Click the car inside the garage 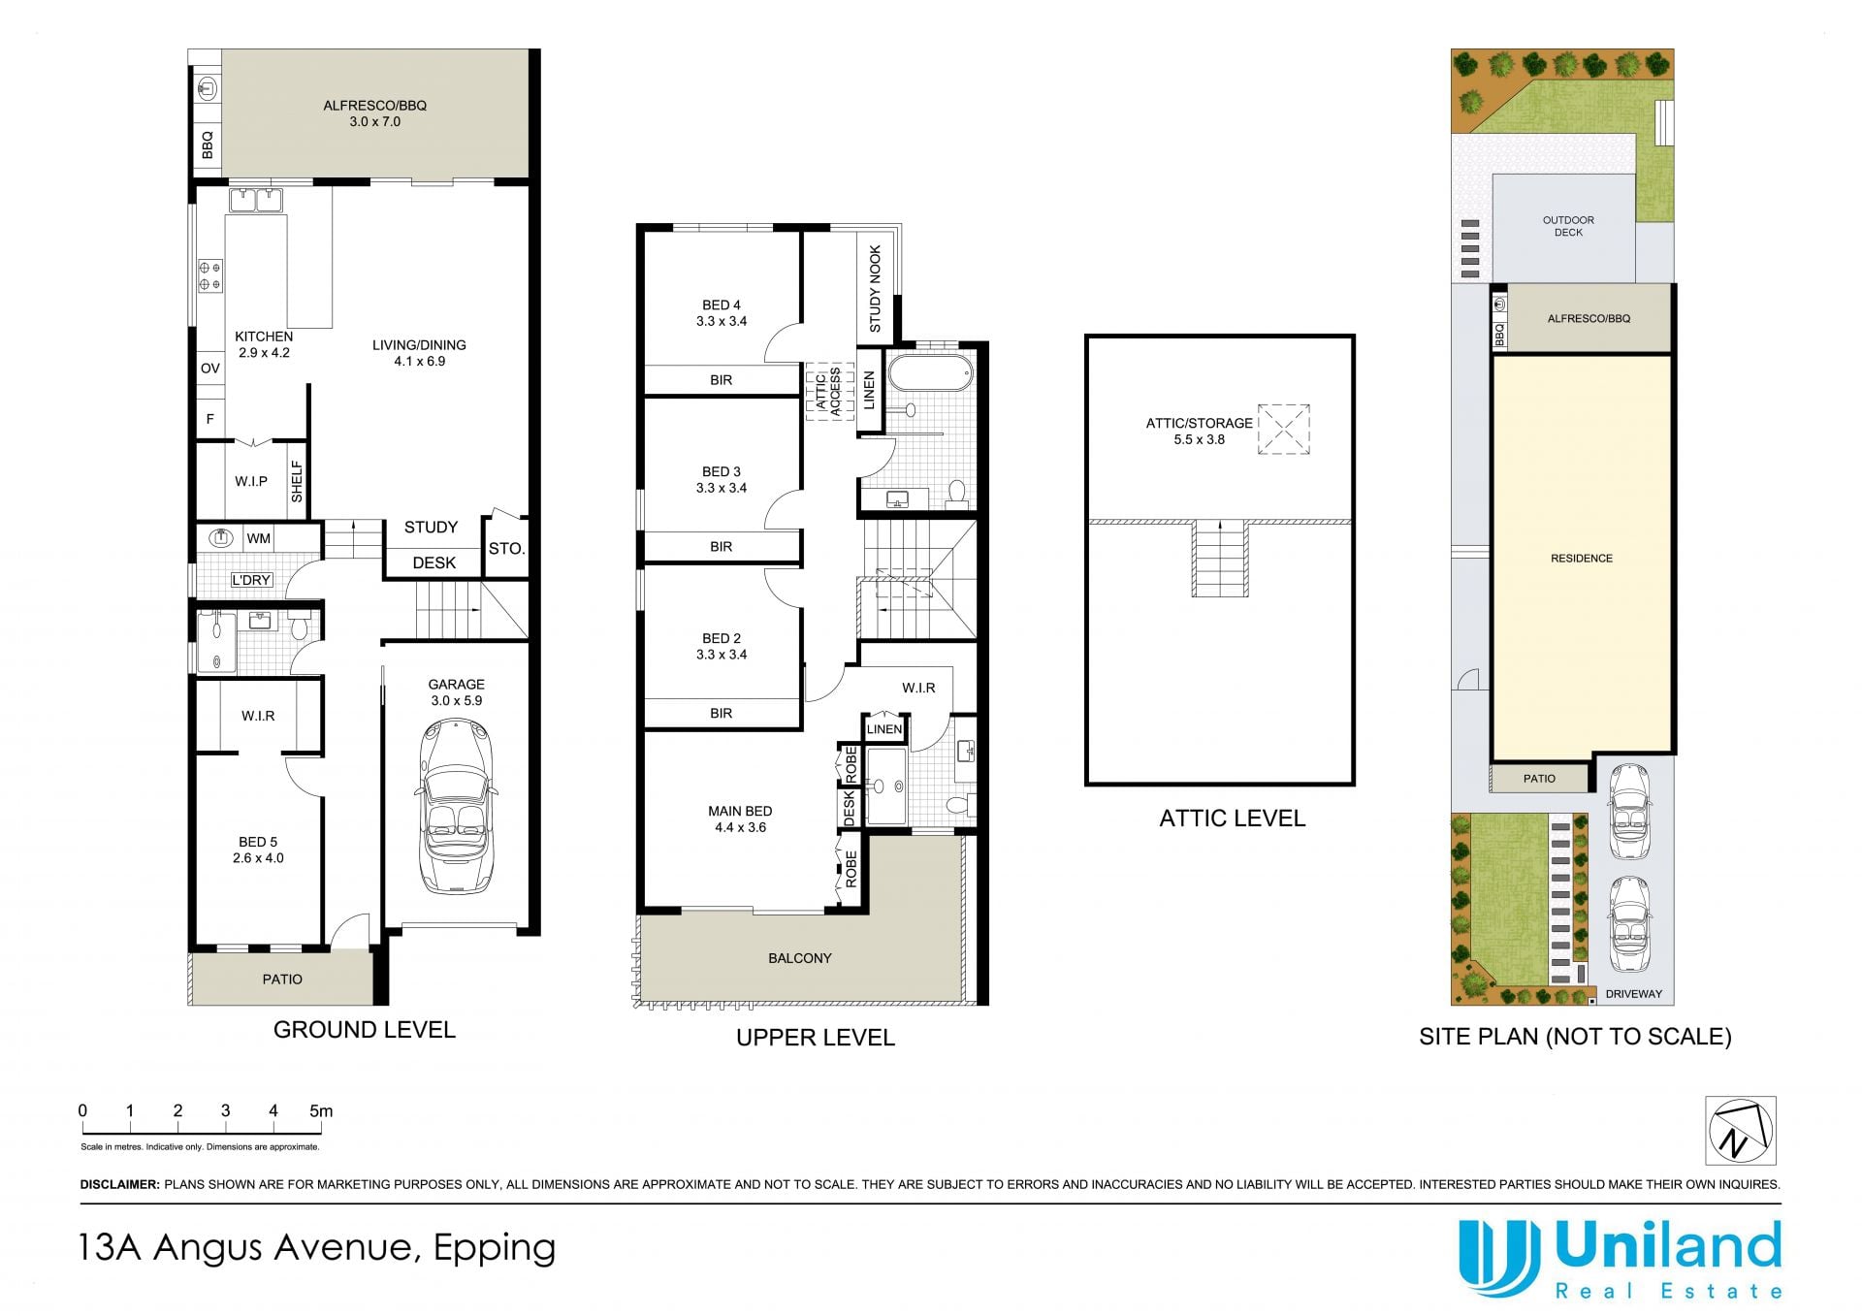pos(456,806)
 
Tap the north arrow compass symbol pos(1741,1131)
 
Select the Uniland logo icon pos(1499,1258)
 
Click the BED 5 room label pos(258,850)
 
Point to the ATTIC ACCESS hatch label pos(828,392)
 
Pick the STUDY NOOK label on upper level pos(876,289)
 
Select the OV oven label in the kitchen pos(210,369)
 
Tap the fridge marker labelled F pos(209,419)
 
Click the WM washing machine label pos(259,538)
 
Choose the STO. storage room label pos(506,549)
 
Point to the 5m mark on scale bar pos(320,1111)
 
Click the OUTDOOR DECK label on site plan pos(1568,226)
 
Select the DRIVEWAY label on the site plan pos(1633,994)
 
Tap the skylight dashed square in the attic pos(1284,429)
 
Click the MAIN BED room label pos(740,818)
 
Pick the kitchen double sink pos(256,200)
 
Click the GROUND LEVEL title pos(365,1030)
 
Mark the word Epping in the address pos(495,1249)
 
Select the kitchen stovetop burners pos(210,275)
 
